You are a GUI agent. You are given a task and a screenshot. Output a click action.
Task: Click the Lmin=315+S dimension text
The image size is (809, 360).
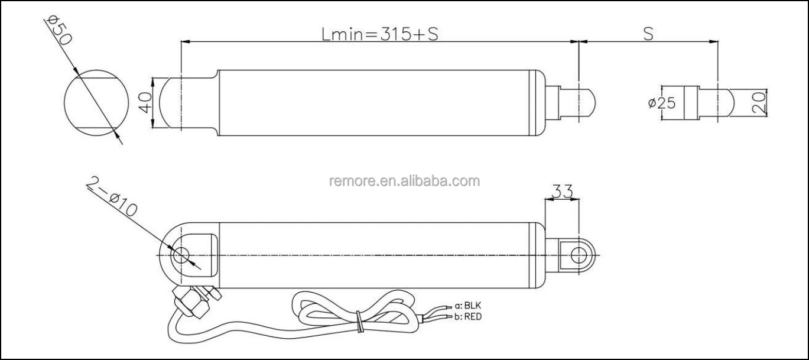point(379,34)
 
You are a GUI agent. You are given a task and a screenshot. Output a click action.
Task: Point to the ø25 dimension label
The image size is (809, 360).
point(661,103)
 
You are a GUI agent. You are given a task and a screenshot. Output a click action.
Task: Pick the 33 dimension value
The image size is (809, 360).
point(561,190)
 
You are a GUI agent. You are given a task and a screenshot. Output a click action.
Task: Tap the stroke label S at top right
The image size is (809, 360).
point(648,34)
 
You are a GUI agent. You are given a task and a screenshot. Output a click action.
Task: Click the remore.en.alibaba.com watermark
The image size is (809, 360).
point(404,181)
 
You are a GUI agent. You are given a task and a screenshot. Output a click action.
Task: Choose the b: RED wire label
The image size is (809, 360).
point(469,317)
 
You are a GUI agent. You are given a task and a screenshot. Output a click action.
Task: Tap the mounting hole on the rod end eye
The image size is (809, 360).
point(579,255)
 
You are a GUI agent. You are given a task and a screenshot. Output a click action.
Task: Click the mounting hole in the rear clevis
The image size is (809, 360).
point(180,255)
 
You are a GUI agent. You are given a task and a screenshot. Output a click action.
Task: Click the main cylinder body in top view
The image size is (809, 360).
point(378,102)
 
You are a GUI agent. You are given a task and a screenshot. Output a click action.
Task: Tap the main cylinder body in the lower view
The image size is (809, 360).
point(378,255)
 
